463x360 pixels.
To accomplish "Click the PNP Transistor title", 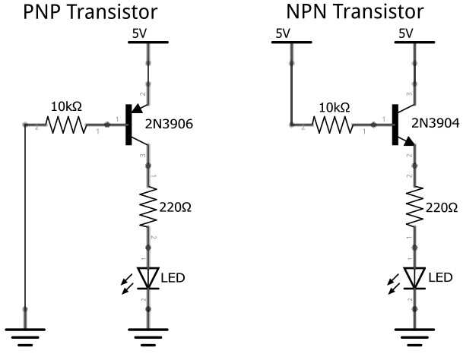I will (x=90, y=12).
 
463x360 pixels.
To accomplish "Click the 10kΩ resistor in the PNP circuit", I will (x=69, y=125).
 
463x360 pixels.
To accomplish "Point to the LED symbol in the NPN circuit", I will (x=414, y=277).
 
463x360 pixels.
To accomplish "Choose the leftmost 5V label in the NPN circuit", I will (x=284, y=33).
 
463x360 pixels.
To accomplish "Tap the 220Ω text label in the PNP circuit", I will (x=177, y=207).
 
